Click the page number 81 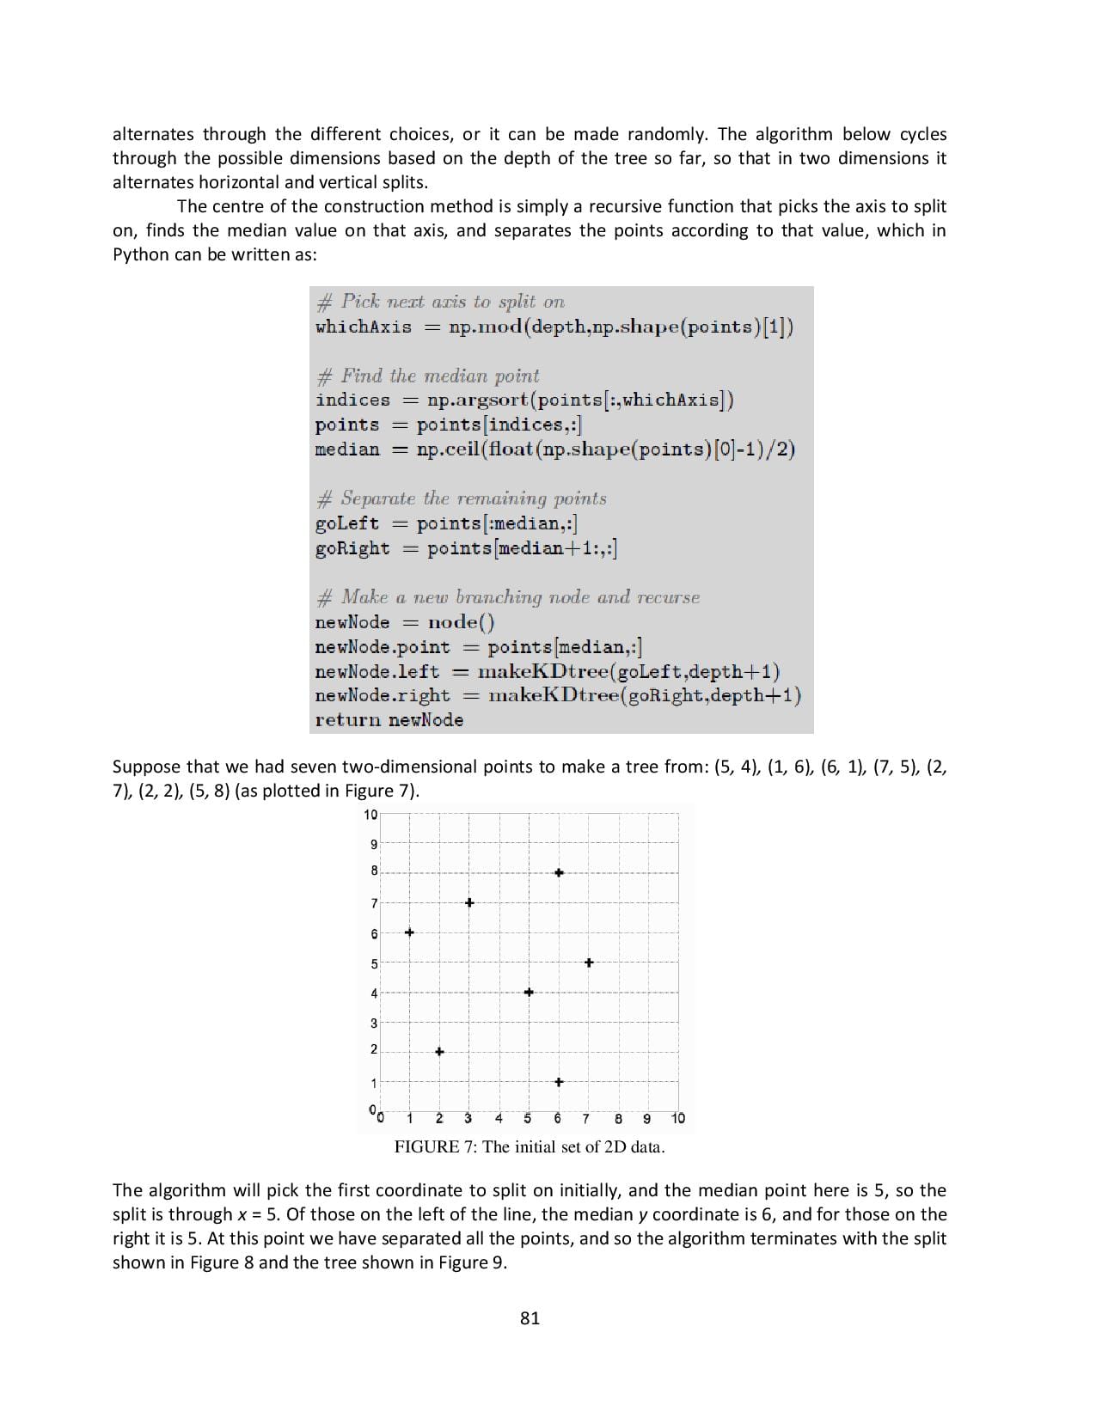click(530, 1318)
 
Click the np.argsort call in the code click(478, 400)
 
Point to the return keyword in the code click(348, 720)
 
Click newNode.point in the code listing click(383, 647)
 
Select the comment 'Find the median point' click(439, 376)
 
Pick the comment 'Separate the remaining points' click(473, 498)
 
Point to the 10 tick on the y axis click(370, 815)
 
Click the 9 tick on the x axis click(647, 1118)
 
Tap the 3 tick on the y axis click(374, 1023)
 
